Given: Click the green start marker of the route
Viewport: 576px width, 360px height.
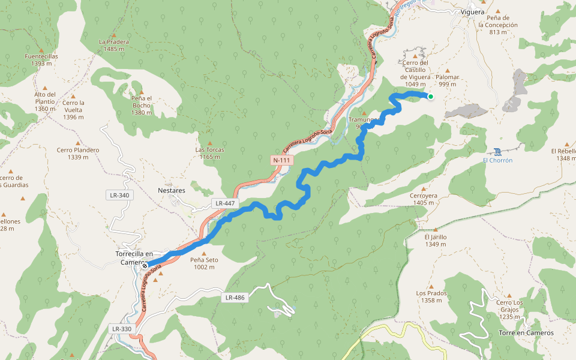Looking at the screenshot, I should click(x=430, y=96).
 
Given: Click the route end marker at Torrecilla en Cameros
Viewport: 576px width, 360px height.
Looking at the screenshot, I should click(x=145, y=265).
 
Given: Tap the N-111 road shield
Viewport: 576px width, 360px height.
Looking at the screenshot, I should click(x=282, y=160).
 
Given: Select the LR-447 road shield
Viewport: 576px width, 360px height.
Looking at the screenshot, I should click(x=225, y=203).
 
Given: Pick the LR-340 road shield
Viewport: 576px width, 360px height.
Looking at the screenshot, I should click(x=119, y=195).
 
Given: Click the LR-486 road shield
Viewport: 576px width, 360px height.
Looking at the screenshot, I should click(x=235, y=297).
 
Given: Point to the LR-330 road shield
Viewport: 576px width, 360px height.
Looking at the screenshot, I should click(x=122, y=329).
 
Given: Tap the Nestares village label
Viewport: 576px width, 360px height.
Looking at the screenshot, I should click(x=172, y=190).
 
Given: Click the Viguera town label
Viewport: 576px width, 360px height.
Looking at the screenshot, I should click(x=472, y=12).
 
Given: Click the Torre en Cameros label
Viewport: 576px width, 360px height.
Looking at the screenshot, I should click(x=526, y=332).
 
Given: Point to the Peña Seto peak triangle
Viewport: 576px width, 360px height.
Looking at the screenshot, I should click(x=203, y=253).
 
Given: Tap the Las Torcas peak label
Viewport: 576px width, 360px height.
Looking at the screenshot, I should click(x=209, y=152).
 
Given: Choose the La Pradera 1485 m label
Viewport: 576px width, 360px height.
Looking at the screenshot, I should click(x=114, y=45).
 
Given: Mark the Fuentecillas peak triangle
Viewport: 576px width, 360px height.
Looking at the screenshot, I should click(x=41, y=50).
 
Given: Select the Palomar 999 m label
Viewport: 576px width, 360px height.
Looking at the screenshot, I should click(x=447, y=80).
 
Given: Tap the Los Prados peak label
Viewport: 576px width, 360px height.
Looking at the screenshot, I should click(x=431, y=296).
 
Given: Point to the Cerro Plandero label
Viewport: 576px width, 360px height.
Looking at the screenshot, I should click(x=78, y=153).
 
